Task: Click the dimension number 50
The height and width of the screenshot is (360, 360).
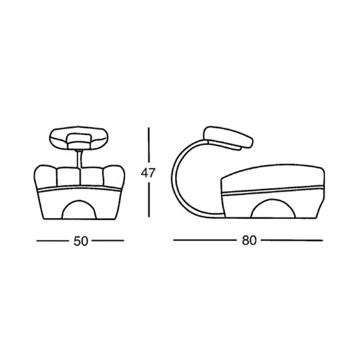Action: pyautogui.click(x=81, y=241)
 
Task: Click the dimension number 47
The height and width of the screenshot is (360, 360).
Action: pyautogui.click(x=149, y=173)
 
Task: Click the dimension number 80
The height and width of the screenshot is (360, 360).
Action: pyautogui.click(x=249, y=240)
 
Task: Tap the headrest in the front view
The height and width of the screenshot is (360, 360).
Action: pyautogui.click(x=79, y=137)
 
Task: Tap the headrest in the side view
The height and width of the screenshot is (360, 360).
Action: pyautogui.click(x=229, y=137)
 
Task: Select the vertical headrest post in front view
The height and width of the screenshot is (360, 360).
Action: pyautogui.click(x=79, y=160)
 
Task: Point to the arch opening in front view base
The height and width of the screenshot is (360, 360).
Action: pyautogui.click(x=79, y=210)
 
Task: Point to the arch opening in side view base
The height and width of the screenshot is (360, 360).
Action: pyautogui.click(x=273, y=208)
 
